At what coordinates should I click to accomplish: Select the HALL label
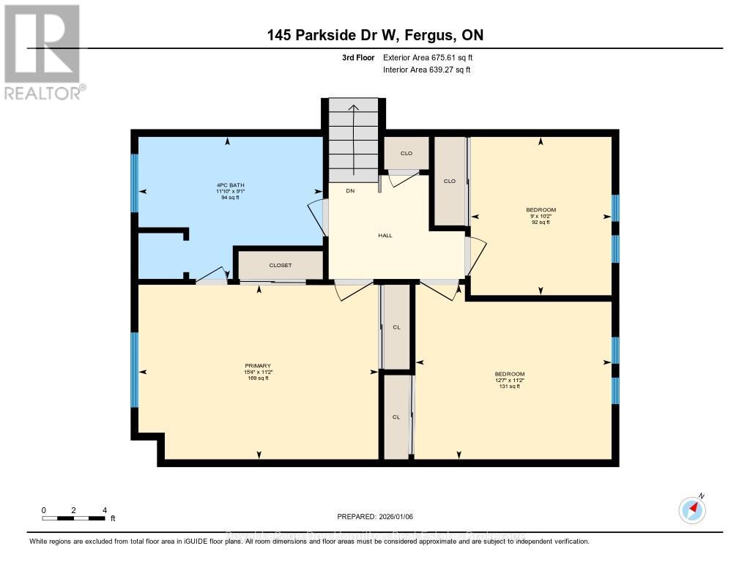click(385, 236)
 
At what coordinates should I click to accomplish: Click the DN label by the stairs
click(341, 190)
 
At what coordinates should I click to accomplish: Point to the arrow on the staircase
click(353, 139)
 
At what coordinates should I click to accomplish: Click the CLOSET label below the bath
click(281, 266)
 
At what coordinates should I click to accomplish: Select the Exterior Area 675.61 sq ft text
click(433, 57)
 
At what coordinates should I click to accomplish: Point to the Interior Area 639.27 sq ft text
click(427, 70)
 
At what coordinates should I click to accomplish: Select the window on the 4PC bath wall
click(134, 183)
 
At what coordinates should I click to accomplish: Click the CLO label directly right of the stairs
click(406, 153)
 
